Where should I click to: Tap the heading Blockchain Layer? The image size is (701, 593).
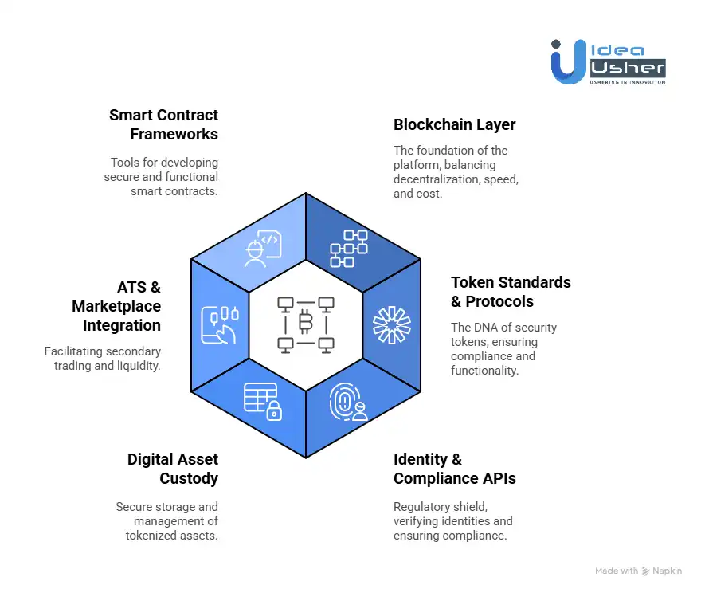click(x=454, y=125)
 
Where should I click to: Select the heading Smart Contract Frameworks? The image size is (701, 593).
click(x=163, y=124)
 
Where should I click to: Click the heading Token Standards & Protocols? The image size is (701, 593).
click(x=511, y=292)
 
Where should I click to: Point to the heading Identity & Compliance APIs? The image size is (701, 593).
click(x=454, y=469)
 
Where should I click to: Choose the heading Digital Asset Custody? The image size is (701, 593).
click(x=172, y=469)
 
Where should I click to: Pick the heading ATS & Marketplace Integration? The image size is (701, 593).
click(x=116, y=306)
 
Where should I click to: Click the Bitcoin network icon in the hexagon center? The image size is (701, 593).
click(x=305, y=324)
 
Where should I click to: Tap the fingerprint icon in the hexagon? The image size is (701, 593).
click(x=349, y=403)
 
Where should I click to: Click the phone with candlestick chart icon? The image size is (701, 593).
click(x=219, y=324)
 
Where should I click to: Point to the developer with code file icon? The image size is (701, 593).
click(x=262, y=249)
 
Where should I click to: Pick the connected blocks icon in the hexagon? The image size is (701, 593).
click(x=349, y=248)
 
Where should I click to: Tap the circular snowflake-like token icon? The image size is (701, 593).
click(x=391, y=324)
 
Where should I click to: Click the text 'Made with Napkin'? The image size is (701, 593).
click(x=638, y=571)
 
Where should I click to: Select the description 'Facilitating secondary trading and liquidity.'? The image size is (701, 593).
click(x=103, y=358)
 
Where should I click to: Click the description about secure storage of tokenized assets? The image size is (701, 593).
click(x=166, y=520)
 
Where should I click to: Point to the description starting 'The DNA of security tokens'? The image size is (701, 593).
click(x=503, y=348)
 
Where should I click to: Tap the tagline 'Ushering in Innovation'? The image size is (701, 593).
click(x=627, y=81)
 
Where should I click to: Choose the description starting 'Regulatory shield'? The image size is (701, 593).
click(x=452, y=520)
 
